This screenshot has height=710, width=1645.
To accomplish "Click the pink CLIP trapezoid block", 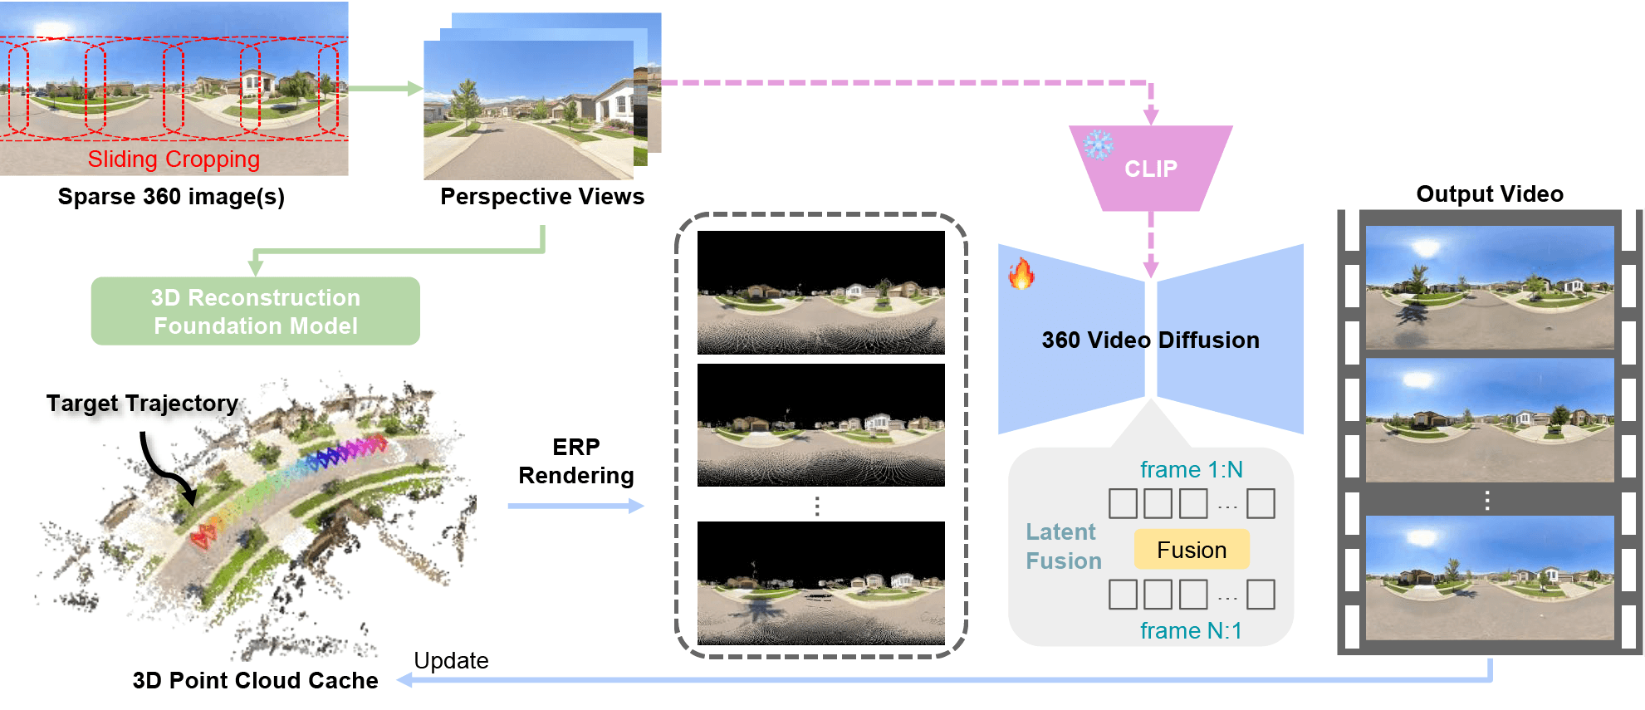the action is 1150,168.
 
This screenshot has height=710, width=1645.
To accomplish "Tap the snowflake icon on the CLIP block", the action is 1098,144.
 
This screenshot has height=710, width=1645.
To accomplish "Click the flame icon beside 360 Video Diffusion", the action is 1021,273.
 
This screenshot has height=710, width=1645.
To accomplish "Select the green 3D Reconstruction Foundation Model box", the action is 256,311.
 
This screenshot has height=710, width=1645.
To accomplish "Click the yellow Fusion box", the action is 1192,550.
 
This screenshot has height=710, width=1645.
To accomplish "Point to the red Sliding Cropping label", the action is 174,159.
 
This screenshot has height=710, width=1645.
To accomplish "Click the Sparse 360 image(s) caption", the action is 171,197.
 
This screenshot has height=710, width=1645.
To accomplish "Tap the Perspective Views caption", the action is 542,197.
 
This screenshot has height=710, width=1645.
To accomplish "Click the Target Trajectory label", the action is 142,404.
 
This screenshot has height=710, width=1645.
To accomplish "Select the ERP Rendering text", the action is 576,461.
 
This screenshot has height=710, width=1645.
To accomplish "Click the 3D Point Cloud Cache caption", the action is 255,681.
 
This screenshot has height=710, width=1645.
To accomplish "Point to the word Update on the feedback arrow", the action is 451,661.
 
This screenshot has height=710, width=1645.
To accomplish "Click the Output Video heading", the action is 1490,194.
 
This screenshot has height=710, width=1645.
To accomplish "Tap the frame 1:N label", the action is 1191,470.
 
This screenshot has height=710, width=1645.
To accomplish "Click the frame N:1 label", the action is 1191,631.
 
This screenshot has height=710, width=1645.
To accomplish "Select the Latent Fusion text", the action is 1064,546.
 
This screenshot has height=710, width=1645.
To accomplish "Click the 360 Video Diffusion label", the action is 1151,340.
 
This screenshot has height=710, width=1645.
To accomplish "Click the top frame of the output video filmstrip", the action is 1490,287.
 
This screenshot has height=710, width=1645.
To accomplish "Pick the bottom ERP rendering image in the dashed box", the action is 821,583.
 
